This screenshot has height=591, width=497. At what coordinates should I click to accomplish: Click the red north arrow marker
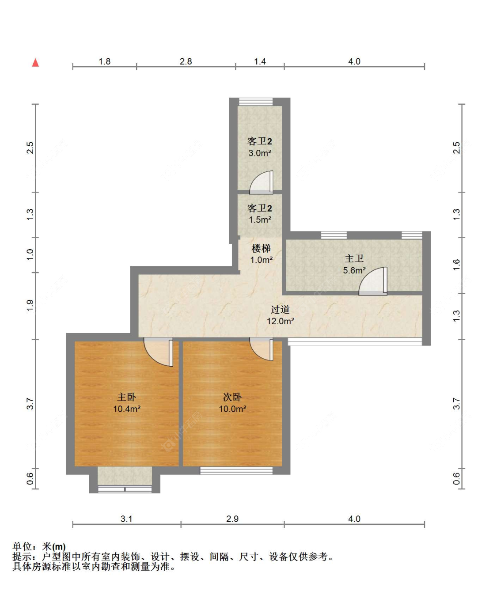point(35,63)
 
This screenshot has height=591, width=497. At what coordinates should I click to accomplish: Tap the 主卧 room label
point(126,397)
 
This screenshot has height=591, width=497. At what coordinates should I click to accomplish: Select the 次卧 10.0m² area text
point(232,409)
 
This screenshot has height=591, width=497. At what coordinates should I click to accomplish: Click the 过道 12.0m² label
point(280,315)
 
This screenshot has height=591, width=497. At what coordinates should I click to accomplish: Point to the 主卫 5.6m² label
point(354,264)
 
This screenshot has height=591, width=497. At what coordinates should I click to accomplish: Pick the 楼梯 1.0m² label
point(261,254)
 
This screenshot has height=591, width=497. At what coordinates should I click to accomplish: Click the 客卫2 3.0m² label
point(260,147)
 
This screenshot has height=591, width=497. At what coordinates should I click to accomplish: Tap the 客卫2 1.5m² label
point(260,214)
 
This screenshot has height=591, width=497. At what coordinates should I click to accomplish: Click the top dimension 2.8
point(186,61)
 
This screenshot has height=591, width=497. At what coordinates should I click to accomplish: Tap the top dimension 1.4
point(260,61)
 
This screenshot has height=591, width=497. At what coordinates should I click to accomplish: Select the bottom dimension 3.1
point(126,519)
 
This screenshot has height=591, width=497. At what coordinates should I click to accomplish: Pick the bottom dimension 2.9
point(232,519)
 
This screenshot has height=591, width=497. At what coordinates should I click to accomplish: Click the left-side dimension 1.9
point(30,305)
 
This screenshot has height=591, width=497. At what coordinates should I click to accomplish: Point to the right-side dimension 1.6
point(457,265)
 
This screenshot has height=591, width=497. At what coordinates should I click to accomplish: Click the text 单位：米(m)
point(39,546)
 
